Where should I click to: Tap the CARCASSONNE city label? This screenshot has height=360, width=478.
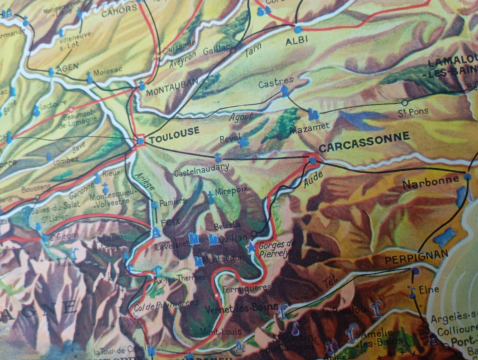tap(364, 142)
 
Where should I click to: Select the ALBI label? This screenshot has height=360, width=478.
tap(297, 40)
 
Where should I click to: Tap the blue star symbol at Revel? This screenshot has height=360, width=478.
tap(244, 142)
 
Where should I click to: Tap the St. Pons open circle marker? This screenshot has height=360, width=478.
tap(405, 103)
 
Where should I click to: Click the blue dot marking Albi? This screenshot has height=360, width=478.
tap(298, 30)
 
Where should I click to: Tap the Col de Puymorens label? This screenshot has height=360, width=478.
tap(166, 305)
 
